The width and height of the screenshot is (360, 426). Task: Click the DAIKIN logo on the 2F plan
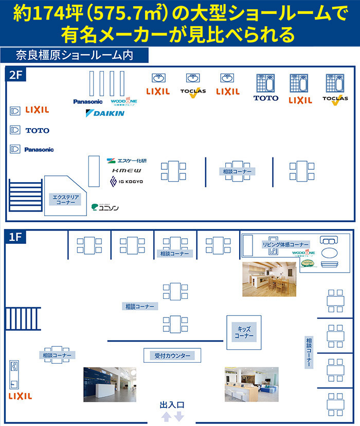105,113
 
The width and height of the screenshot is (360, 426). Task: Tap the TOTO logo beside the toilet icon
37,131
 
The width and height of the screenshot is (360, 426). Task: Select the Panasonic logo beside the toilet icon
39,150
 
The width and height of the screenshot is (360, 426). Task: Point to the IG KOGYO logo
127,182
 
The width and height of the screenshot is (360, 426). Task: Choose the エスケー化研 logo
127,161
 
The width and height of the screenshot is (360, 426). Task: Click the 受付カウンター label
172,356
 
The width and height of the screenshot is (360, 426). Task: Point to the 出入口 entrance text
172,405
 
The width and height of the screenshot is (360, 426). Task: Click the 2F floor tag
16,75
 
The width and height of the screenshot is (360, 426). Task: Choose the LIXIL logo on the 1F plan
20,396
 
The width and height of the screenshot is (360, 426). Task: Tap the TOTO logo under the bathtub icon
266,98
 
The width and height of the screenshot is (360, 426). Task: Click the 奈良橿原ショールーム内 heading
74,55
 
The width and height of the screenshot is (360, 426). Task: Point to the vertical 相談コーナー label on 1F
309,352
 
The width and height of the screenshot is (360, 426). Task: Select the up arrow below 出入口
167,416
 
